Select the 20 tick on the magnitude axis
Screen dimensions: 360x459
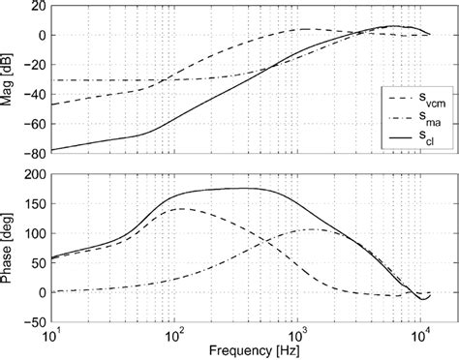coord(37,6)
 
